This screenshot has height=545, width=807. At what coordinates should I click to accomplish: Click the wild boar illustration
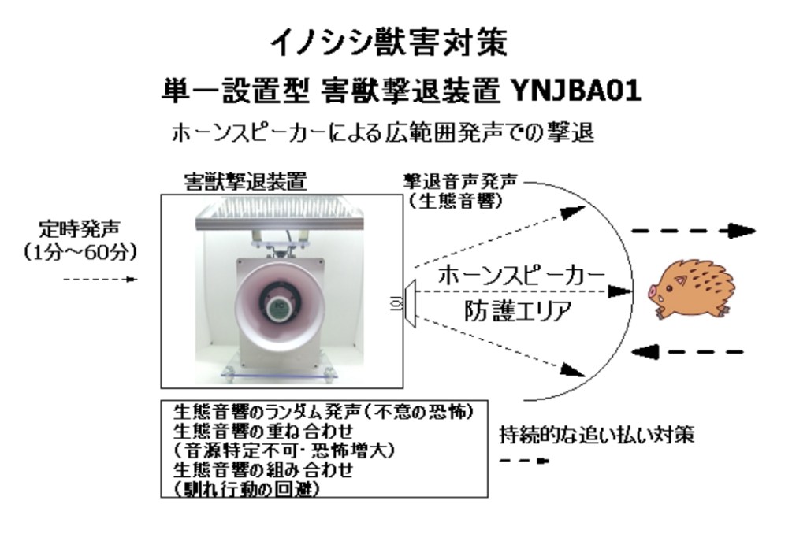click(690, 289)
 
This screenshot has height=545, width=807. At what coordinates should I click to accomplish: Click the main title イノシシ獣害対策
click(389, 43)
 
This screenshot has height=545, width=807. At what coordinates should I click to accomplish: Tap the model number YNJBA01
click(575, 91)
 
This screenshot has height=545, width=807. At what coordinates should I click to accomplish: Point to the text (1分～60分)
click(80, 252)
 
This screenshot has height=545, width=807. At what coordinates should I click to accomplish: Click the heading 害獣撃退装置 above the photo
click(246, 181)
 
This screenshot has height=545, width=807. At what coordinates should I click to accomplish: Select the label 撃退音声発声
click(460, 181)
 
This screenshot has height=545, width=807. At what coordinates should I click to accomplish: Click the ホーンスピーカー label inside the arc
click(522, 275)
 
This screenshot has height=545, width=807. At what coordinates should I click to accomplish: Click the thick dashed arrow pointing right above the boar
click(694, 232)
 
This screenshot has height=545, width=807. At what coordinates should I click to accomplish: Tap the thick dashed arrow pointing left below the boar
click(687, 352)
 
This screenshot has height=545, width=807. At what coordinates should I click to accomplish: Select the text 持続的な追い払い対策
click(597, 435)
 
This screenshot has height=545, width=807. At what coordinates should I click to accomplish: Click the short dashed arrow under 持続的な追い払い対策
click(524, 461)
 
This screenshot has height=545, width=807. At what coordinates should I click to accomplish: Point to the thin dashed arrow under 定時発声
click(101, 279)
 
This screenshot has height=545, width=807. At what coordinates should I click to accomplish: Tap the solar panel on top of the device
click(281, 216)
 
